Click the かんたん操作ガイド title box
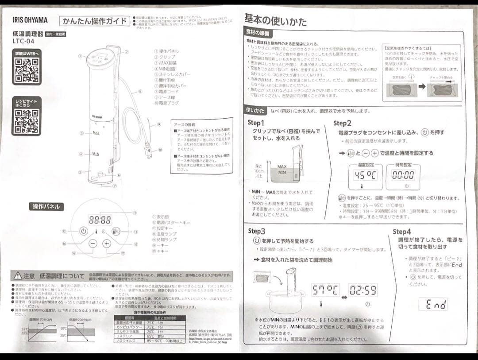point(94,20)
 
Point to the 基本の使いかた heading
point(275,19)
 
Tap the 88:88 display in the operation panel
point(100,219)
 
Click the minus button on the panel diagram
point(93,244)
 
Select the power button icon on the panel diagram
point(83,231)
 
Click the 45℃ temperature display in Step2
point(365,174)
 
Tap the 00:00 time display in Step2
point(403,174)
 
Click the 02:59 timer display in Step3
point(363,290)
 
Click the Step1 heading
point(256,123)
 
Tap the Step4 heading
point(402,232)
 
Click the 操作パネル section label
point(46,206)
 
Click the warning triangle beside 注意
point(17,275)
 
